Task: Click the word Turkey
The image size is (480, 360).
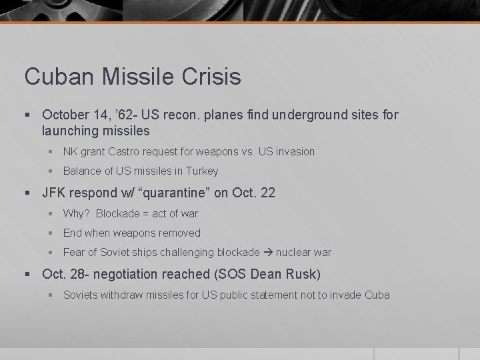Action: [x=201, y=171]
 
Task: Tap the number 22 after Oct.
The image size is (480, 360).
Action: [x=267, y=193]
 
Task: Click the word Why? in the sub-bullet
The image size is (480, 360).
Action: [x=76, y=213]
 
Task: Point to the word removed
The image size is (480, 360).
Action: [x=179, y=233]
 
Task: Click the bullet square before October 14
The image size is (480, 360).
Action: [x=28, y=115]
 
